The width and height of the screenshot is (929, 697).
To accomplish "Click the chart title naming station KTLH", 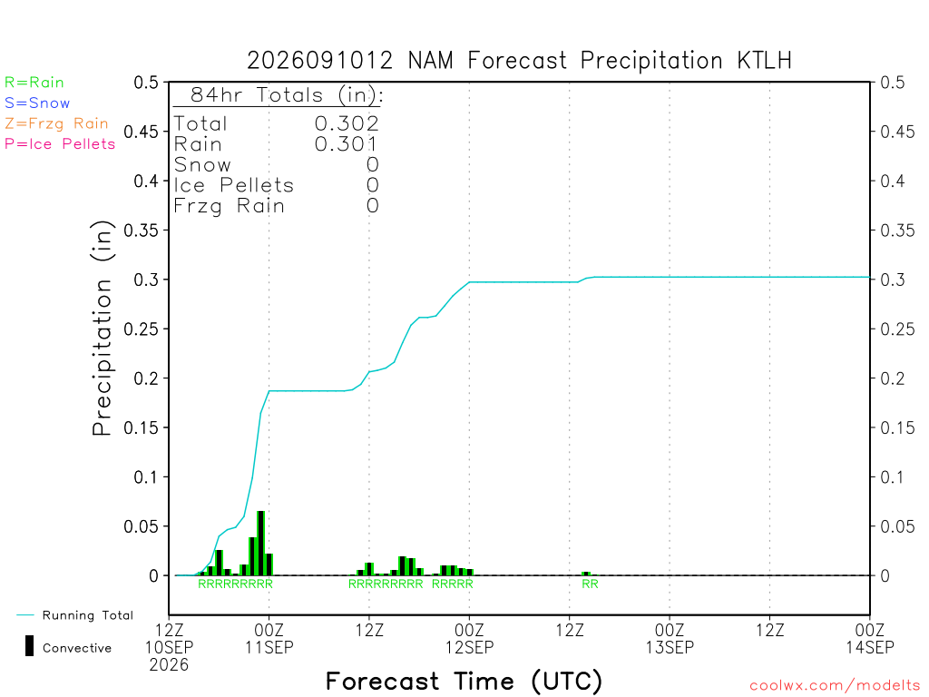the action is click(x=519, y=61).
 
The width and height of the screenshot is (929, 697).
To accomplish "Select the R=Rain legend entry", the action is click(x=34, y=83).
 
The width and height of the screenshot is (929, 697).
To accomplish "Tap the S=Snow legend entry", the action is click(x=36, y=103).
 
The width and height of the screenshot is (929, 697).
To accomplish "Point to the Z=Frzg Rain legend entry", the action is click(x=56, y=123).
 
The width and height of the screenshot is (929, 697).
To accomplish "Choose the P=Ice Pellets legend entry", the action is click(x=59, y=144).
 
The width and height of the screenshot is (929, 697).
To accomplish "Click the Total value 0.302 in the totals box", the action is click(x=347, y=123).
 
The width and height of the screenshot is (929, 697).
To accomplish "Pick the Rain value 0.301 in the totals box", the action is click(x=346, y=144).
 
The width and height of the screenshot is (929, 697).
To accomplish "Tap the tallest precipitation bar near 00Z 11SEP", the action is click(x=260, y=543).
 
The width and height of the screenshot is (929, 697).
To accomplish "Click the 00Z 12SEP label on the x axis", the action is click(x=469, y=638).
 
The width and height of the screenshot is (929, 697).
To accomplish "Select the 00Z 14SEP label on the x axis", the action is click(x=870, y=638).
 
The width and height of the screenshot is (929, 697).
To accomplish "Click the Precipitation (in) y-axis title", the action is click(x=102, y=329).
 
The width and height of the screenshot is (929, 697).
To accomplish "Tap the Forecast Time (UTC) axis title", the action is click(x=464, y=682).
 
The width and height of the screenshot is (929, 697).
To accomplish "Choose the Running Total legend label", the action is click(x=88, y=615).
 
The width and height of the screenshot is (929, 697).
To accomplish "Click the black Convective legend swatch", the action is click(x=29, y=646).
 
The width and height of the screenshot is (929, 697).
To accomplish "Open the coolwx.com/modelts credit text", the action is click(x=835, y=686).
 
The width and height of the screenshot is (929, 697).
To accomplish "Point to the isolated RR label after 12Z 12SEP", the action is click(x=590, y=584).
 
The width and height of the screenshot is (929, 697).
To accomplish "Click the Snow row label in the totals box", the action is click(x=202, y=165).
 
